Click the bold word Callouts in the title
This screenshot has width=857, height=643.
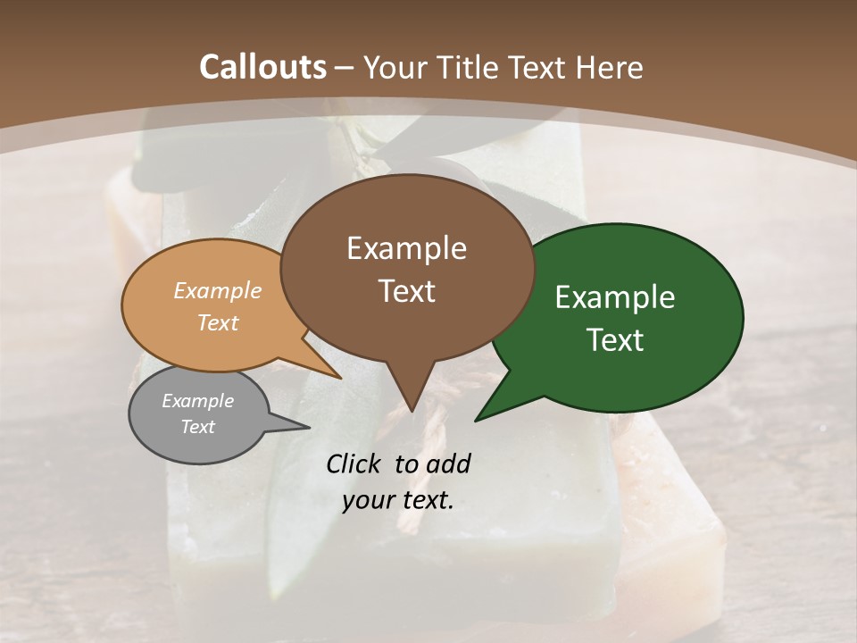[x=263, y=67]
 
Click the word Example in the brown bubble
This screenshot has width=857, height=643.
[x=406, y=248]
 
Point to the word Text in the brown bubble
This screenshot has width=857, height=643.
[x=406, y=291]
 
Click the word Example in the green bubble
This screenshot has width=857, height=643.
[x=615, y=297]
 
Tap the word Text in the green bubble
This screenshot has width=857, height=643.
[x=615, y=340]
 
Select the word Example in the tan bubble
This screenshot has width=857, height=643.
[x=218, y=291]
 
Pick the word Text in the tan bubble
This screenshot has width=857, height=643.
[x=218, y=322]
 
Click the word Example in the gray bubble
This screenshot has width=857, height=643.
[x=198, y=401]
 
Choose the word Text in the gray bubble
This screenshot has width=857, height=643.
[x=198, y=427]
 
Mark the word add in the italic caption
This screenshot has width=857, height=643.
[x=448, y=463]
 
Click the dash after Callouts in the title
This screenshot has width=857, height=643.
[x=345, y=68]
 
